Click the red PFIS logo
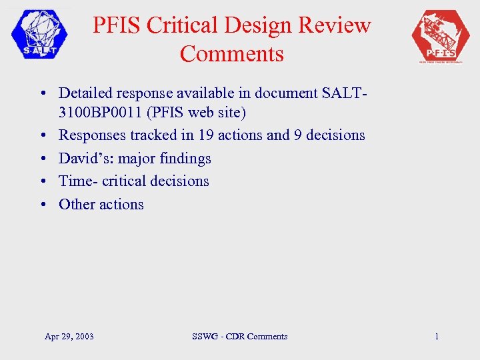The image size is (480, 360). (x=441, y=36)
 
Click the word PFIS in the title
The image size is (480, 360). (x=117, y=25)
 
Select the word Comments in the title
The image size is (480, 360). (x=231, y=53)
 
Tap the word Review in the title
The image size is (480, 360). (x=336, y=25)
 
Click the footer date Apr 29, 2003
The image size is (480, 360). (x=69, y=337)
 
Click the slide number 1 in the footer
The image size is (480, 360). (x=437, y=337)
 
